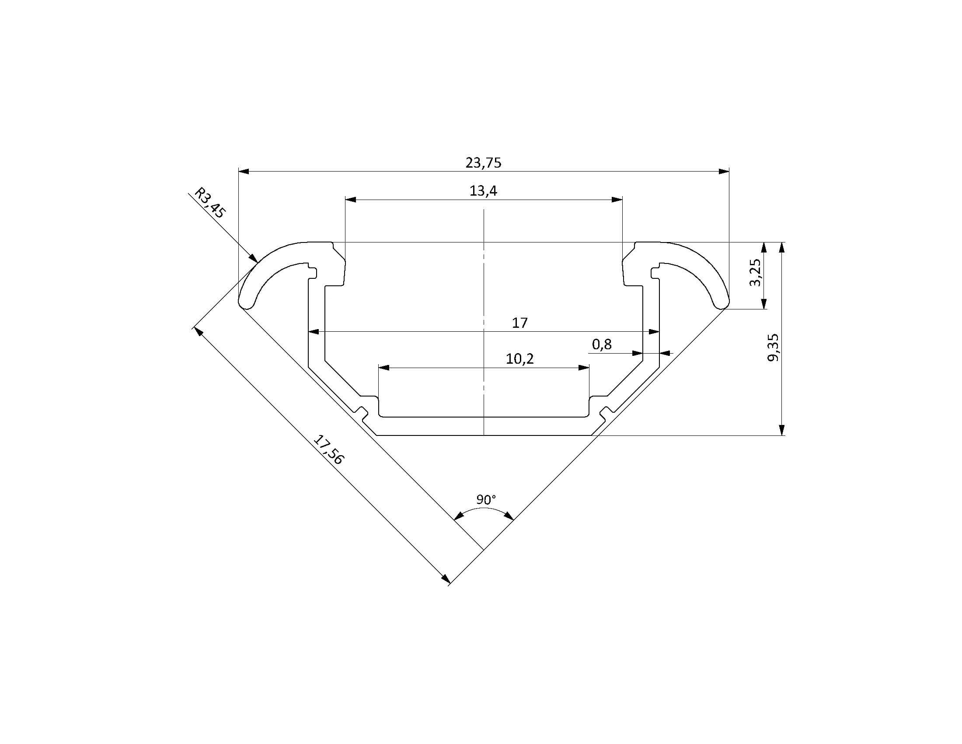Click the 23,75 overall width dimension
(x=483, y=163)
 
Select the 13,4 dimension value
(x=483, y=191)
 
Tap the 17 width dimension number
(x=520, y=323)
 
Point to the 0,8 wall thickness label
(x=602, y=344)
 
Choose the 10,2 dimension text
(x=520, y=359)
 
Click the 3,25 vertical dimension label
(x=755, y=272)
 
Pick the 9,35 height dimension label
(x=773, y=348)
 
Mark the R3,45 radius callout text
(x=210, y=203)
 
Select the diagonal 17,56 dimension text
(x=328, y=449)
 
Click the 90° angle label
(x=486, y=500)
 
